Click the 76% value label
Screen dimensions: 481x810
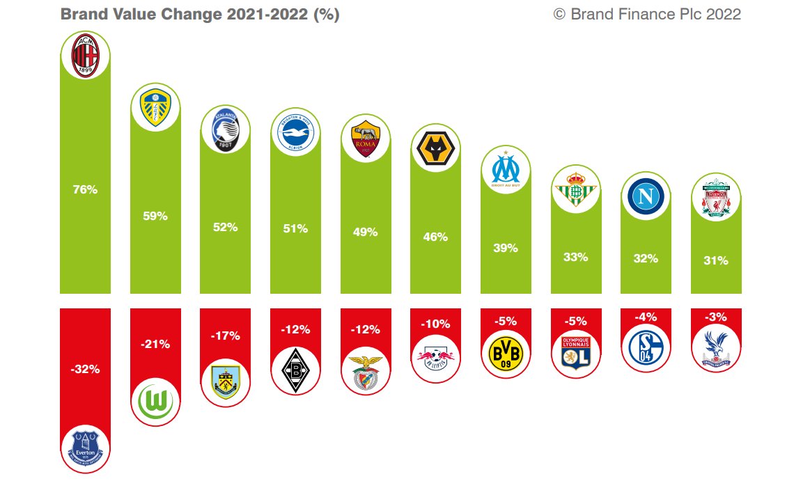[85, 189]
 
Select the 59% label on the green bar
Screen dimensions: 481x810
[155, 216]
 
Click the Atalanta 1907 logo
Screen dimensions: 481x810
[225, 130]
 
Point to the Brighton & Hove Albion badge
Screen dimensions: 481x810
[295, 131]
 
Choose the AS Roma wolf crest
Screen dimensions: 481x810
[366, 137]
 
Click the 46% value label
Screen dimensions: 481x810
[435, 237]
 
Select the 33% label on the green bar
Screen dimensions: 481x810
[576, 257]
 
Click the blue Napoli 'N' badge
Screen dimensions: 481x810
[646, 196]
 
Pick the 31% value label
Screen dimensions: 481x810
[716, 260]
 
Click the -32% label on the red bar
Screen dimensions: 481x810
[85, 370]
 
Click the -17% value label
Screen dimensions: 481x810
[225, 336]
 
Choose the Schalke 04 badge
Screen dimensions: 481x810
[646, 347]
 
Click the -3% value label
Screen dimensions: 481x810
[716, 317]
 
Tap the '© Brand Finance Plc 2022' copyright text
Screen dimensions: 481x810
[647, 15]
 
